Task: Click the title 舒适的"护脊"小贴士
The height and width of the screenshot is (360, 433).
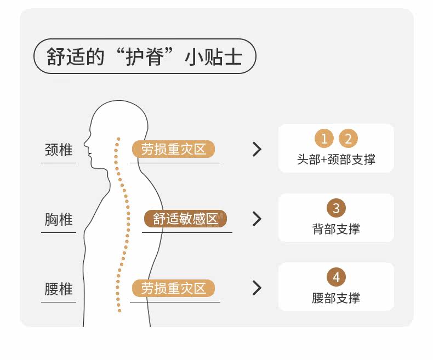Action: pyautogui.click(x=145, y=56)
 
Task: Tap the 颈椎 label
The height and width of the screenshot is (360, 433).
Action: pyautogui.click(x=59, y=150)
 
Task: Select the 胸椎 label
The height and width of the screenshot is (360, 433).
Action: pyautogui.click(x=59, y=219)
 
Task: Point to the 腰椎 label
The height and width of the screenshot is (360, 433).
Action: pyautogui.click(x=59, y=289)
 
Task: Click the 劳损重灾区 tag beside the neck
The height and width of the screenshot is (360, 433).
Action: pyautogui.click(x=173, y=149)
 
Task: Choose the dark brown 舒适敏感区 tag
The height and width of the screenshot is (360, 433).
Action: pyautogui.click(x=185, y=219)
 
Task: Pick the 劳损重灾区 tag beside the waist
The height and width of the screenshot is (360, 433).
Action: pyautogui.click(x=173, y=288)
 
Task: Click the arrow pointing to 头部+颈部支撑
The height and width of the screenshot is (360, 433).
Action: pyautogui.click(x=257, y=149)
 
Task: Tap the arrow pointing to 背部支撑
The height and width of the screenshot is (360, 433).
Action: pyautogui.click(x=257, y=219)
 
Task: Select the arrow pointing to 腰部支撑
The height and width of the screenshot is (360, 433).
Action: pyautogui.click(x=257, y=288)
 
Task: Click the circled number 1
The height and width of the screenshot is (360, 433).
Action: pyautogui.click(x=324, y=139)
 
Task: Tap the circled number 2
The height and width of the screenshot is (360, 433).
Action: pyautogui.click(x=348, y=139)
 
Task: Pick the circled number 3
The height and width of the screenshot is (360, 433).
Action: pyautogui.click(x=336, y=208)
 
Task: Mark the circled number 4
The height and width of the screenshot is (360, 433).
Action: pyautogui.click(x=336, y=277)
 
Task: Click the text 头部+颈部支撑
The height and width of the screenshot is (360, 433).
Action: pyautogui.click(x=336, y=159)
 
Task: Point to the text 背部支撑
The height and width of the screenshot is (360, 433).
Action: pyautogui.click(x=336, y=229)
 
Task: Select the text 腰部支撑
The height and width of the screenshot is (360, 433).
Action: pyautogui.click(x=336, y=298)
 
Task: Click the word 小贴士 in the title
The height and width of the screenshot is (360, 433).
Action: pyautogui.click(x=214, y=56)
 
